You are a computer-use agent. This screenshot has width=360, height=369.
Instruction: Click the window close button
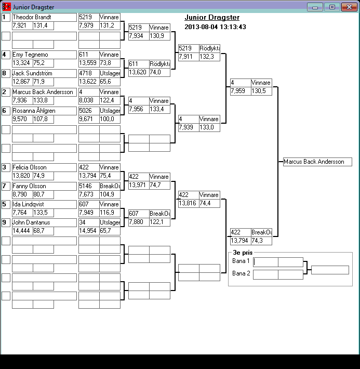[x=348, y=7]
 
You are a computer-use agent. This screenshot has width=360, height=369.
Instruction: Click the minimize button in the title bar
[x=314, y=7]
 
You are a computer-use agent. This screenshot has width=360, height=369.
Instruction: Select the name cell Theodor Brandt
[x=44, y=17]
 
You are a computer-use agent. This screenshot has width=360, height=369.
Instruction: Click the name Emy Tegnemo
[x=44, y=55]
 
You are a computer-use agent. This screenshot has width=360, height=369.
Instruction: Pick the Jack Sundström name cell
[x=44, y=73]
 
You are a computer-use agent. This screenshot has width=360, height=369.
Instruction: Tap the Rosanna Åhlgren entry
[x=44, y=111]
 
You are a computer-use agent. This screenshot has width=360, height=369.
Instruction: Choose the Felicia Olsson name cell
[x=44, y=167]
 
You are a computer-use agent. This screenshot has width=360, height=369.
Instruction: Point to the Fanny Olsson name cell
[x=44, y=186]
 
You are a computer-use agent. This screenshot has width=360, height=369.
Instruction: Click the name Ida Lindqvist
[x=44, y=204]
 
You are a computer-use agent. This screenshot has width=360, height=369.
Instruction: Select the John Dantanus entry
[x=44, y=223]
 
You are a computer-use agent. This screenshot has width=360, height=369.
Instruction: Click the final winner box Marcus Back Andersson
[x=317, y=162]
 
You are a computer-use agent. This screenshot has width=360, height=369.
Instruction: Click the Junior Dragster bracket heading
[x=211, y=18]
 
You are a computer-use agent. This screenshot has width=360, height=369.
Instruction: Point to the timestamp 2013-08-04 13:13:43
[x=215, y=27]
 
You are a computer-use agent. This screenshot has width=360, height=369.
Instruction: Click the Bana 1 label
[x=241, y=261]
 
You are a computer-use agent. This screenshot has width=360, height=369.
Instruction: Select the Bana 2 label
[x=241, y=274]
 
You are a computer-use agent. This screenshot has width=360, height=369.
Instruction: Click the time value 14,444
[x=22, y=231]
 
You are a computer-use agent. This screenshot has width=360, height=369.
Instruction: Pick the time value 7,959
[x=240, y=91]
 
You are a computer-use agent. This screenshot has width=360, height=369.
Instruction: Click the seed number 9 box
[x=6, y=223]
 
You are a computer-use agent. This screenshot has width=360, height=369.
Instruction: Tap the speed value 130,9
[x=159, y=36]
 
